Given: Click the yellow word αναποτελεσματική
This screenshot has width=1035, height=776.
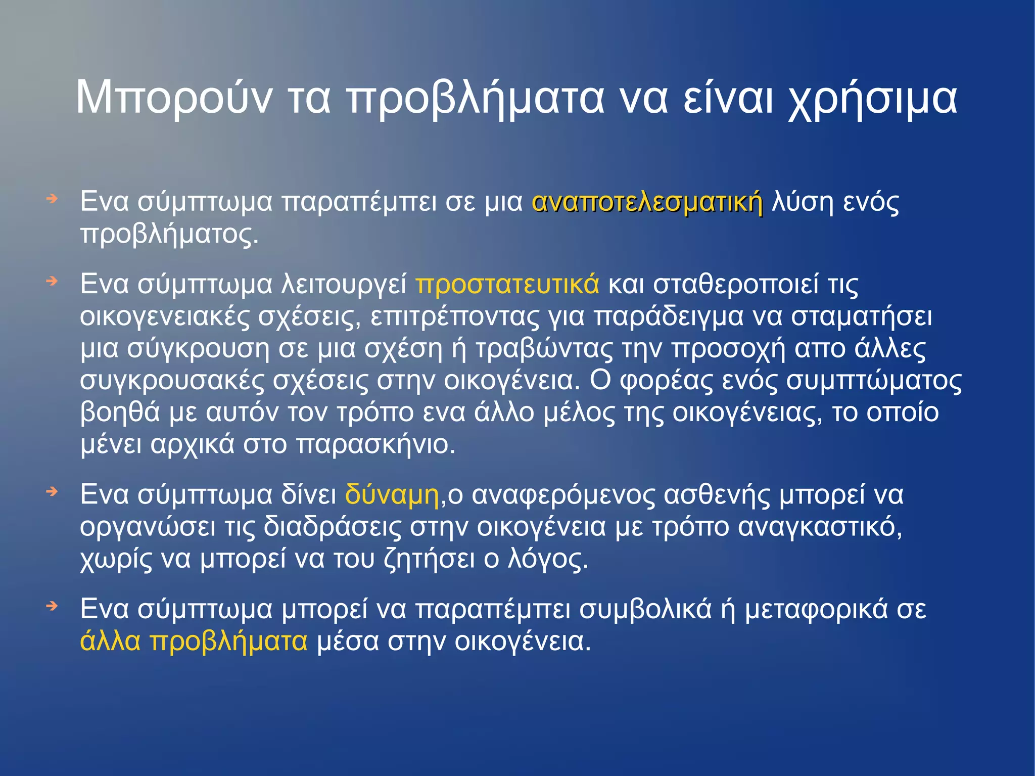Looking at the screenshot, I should pos(647,202).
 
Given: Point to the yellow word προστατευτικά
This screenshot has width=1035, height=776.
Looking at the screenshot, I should pos(507,284).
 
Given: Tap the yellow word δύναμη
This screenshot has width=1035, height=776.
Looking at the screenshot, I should pos(392,494).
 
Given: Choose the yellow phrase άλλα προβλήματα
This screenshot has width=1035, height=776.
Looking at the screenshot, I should pos(194,641).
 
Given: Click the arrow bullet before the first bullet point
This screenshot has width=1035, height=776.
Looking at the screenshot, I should pos(52,199).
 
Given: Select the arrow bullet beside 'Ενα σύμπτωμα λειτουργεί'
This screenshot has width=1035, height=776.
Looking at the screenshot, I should pos(52,281).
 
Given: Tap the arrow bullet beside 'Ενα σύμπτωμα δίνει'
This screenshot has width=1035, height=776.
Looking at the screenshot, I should pos(52,491).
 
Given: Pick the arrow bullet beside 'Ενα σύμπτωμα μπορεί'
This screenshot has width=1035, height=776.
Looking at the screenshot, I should pos(52,606).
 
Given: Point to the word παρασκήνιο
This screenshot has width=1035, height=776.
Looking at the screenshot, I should pos(375,444).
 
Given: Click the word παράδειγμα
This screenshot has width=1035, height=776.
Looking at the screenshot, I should pos(668,317).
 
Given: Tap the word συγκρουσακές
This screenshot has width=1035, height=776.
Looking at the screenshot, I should pos(172,381).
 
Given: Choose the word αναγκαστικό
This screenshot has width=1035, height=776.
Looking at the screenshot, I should pos(820,527).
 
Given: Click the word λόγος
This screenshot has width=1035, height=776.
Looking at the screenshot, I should pos(548,559).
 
